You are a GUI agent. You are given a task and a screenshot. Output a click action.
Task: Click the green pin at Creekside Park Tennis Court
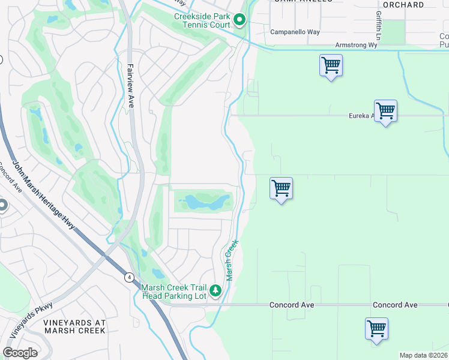[240, 21]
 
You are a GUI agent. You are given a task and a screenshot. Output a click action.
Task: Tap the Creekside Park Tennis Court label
[202, 20]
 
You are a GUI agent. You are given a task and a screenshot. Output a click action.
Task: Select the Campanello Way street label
[295, 32]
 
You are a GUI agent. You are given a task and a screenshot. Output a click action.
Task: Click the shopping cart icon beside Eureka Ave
[385, 111]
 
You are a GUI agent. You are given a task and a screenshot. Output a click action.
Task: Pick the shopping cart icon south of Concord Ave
[376, 329]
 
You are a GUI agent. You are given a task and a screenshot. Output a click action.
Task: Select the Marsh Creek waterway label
[232, 260]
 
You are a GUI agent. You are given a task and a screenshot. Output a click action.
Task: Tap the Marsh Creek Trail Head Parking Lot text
[174, 292]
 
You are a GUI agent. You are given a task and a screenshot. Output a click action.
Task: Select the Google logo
[20, 353]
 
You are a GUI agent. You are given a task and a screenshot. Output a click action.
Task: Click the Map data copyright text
[424, 355]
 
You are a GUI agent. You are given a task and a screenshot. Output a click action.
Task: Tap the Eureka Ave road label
[362, 116]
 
